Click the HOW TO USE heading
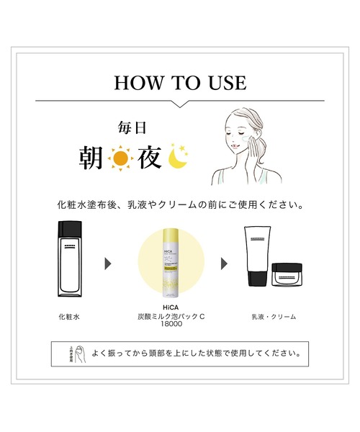(180, 82)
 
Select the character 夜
(151, 158)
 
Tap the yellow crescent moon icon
(179, 158)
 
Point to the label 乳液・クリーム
(274, 316)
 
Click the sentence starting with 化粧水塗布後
(180, 204)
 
